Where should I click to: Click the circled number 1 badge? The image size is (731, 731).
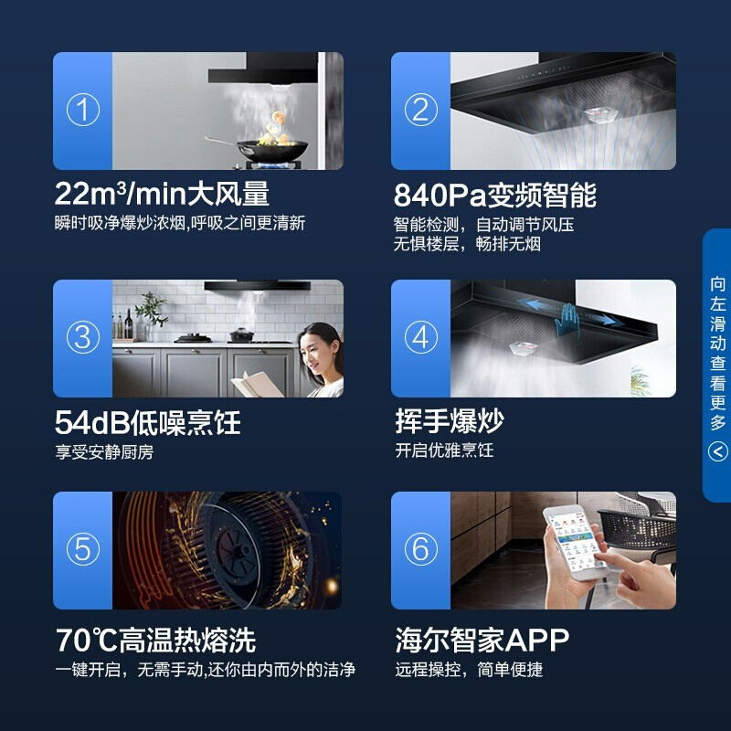tap(83, 110)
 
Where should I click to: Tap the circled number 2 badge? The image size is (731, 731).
tap(420, 110)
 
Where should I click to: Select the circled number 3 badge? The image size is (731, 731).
tap(83, 337)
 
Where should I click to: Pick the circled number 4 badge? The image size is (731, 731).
tap(420, 337)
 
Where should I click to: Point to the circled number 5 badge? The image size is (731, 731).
tap(83, 549)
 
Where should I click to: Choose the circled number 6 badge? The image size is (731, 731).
tap(420, 549)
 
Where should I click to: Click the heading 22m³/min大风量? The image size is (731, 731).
tap(162, 194)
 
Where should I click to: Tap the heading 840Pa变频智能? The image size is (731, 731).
tap(494, 195)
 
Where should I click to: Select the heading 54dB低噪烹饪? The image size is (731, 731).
tap(148, 422)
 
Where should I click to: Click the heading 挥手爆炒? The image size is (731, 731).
tap(450, 421)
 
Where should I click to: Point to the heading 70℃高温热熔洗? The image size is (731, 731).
tap(155, 641)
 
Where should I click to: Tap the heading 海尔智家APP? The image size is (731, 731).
tap(482, 641)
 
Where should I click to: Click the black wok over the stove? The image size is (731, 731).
tap(268, 150)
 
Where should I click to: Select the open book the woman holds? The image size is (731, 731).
tap(257, 384)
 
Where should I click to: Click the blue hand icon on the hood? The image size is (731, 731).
tap(567, 321)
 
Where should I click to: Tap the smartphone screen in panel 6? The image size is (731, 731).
tap(575, 542)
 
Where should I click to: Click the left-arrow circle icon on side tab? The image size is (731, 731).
tap(718, 451)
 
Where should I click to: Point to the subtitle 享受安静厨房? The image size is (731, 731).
tap(104, 452)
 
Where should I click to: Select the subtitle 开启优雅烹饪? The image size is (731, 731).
tap(444, 450)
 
